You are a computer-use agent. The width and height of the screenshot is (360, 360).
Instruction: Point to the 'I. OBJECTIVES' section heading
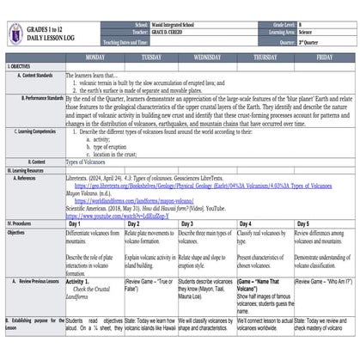coord(21,66)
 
